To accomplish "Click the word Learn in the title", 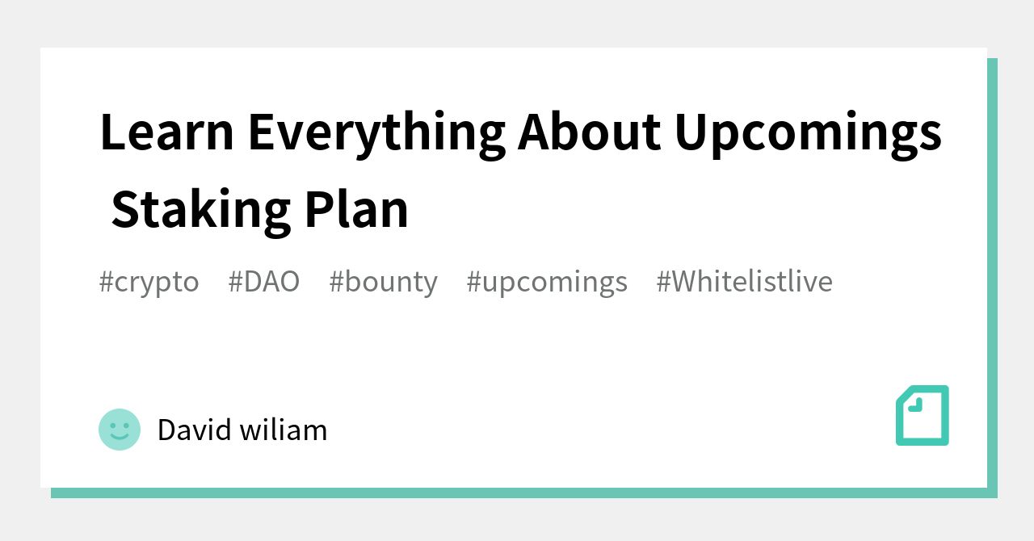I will (166, 132).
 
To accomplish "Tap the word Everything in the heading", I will (376, 132).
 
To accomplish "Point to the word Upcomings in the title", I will (808, 132).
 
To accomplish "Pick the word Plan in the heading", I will (356, 210).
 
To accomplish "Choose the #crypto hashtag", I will (149, 281).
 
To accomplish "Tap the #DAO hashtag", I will (263, 281).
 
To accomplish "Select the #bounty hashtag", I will (383, 281).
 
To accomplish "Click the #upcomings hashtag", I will (547, 281).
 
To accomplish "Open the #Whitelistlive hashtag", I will (744, 281).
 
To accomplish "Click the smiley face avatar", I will (120, 429).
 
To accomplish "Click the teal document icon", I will (923, 415).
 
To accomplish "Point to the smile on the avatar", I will (120, 437).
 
